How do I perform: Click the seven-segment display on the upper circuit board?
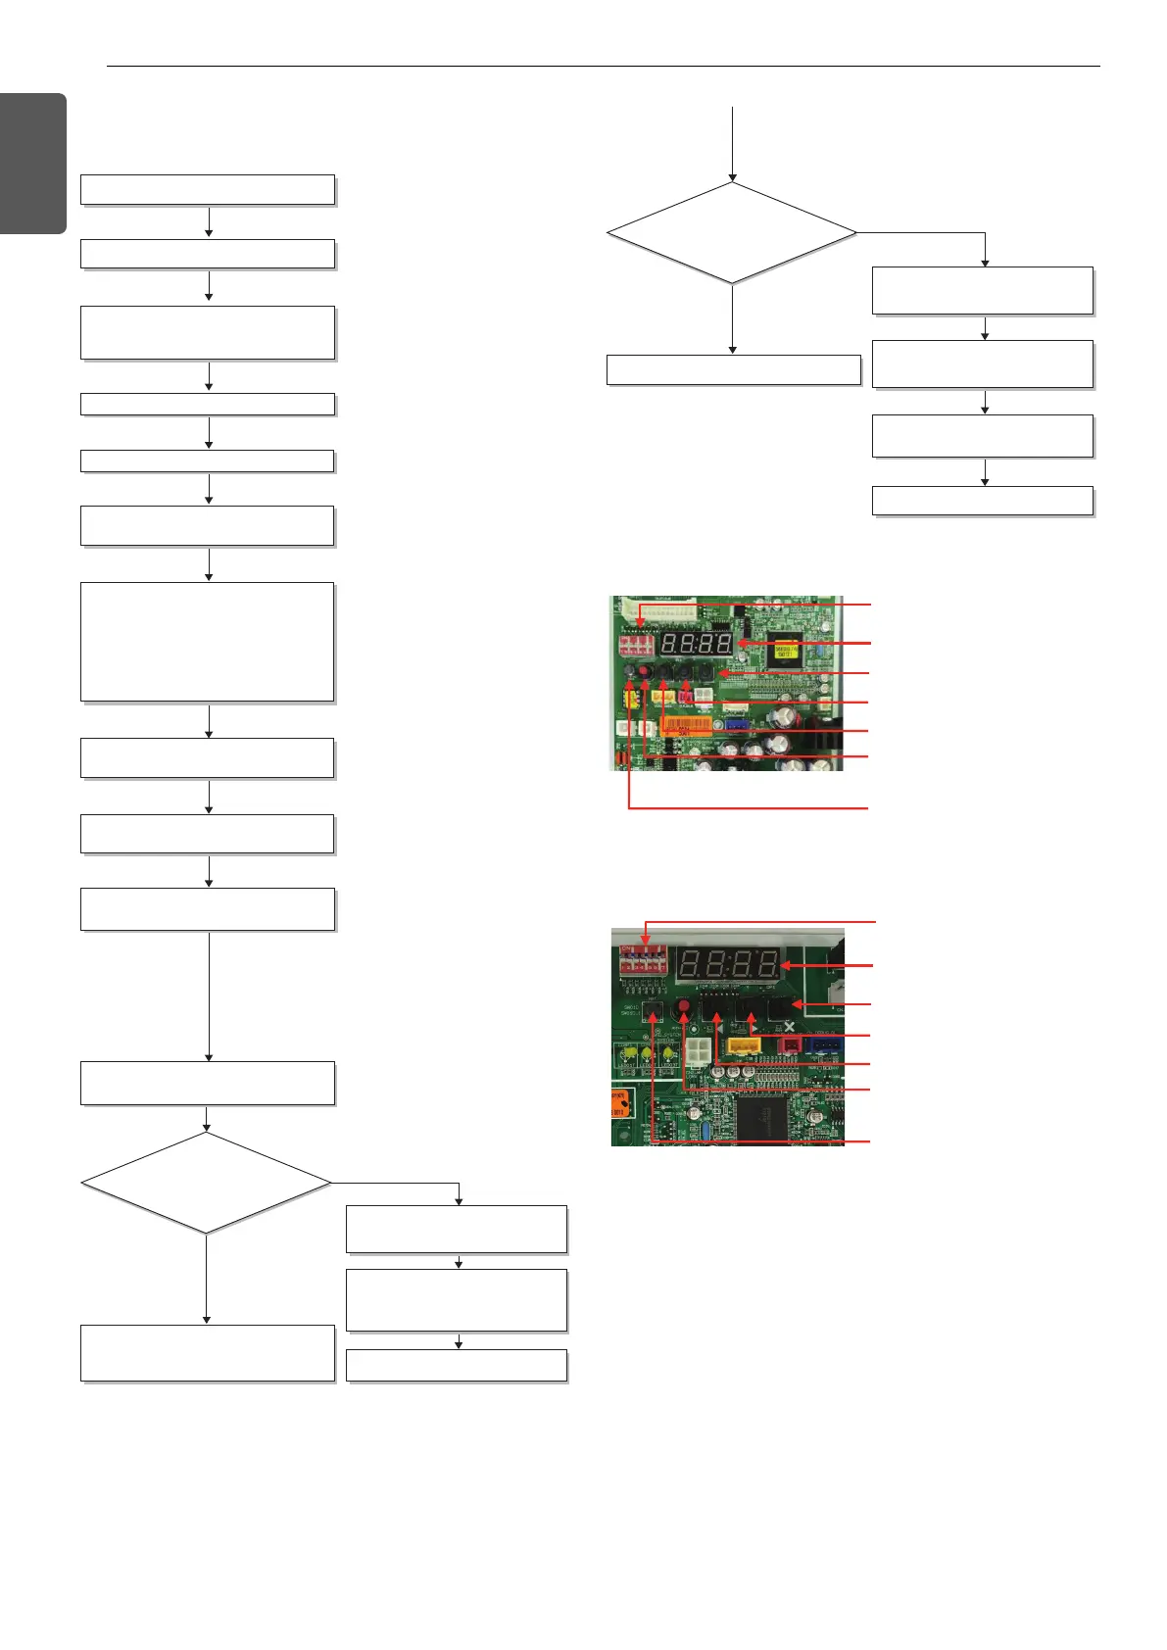[697, 644]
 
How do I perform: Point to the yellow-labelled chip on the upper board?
[786, 650]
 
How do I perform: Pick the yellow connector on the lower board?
[744, 1045]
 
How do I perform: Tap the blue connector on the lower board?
[825, 1045]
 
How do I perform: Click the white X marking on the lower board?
[790, 1027]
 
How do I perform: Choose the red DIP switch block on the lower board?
[644, 956]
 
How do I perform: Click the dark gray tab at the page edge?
[32, 163]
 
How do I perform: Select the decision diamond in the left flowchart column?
[206, 1183]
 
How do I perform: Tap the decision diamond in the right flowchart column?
[731, 233]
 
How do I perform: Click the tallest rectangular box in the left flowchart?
[207, 642]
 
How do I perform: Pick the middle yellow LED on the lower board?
[646, 1055]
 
